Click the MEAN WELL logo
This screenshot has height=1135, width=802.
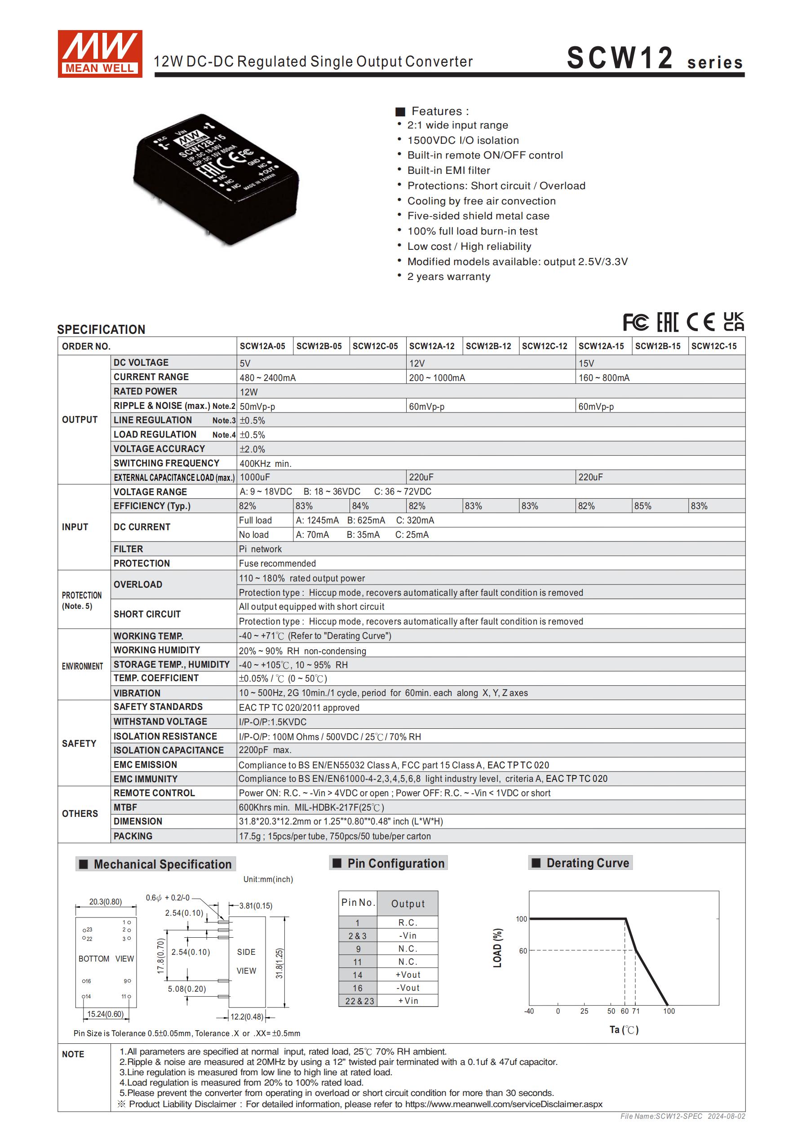100,53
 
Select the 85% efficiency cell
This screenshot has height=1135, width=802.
643,505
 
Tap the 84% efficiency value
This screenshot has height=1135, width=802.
360,505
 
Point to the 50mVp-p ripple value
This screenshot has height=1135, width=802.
257,406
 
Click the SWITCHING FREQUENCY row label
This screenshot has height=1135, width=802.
166,463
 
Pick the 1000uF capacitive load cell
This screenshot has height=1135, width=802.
255,477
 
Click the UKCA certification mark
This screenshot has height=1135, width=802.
733,322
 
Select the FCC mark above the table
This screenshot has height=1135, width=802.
635,322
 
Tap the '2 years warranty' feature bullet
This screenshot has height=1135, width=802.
448,276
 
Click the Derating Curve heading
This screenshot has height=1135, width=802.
587,863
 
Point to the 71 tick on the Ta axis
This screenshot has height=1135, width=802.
636,1011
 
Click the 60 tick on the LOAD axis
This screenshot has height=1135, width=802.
523,951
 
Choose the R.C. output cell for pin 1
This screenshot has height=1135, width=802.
408,922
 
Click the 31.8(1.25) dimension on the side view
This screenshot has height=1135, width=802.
279,963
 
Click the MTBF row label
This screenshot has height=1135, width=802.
126,807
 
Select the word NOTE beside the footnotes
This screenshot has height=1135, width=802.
73,1054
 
